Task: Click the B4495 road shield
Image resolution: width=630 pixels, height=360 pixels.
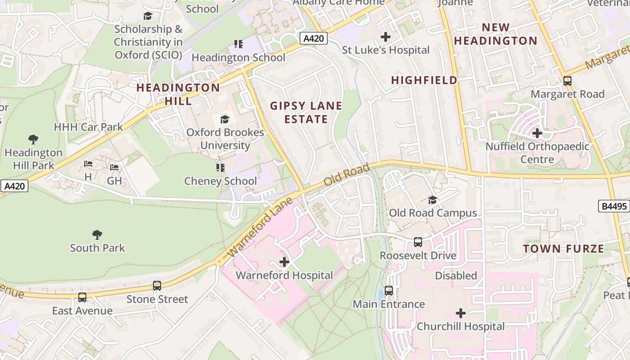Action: (614, 207)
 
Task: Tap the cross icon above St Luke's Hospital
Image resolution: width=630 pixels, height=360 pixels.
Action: (386, 37)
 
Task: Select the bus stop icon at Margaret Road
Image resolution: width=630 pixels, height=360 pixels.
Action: (567, 81)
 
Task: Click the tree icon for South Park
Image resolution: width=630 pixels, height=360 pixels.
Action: (97, 235)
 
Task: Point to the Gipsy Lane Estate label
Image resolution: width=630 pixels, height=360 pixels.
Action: (306, 112)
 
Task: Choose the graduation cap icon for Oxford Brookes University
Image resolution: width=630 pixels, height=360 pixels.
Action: (225, 119)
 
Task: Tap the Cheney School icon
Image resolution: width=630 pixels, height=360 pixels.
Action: (220, 168)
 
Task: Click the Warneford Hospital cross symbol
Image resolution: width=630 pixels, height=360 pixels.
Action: (284, 262)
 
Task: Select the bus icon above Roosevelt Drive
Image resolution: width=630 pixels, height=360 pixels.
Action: (418, 242)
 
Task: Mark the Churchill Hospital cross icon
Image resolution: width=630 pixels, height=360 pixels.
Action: (461, 313)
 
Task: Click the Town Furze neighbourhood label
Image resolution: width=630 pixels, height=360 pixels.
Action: (563, 249)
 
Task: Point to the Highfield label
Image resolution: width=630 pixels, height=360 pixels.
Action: (424, 80)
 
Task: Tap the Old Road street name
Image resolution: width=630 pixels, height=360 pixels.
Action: (346, 175)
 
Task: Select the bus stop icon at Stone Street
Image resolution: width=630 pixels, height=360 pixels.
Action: (157, 286)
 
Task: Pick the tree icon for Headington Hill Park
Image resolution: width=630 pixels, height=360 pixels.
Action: (33, 139)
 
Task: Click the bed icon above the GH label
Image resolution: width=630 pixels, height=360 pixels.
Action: (114, 167)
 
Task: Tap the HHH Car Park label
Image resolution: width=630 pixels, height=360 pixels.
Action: (88, 127)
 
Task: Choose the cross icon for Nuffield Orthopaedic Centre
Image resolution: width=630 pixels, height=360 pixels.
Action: (537, 133)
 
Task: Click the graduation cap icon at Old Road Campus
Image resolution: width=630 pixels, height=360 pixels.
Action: (432, 200)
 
